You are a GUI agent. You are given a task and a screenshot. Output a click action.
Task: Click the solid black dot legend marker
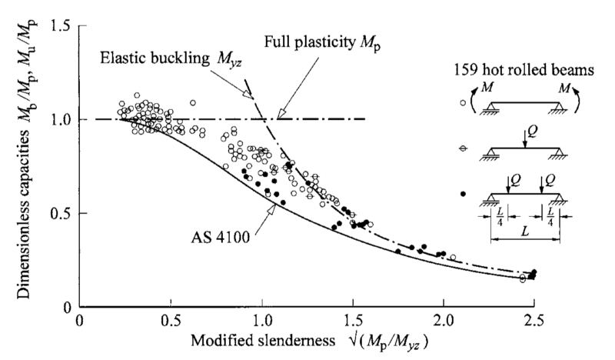[462, 194]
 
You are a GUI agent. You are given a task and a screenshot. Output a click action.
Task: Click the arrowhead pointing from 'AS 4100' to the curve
[272, 202]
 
